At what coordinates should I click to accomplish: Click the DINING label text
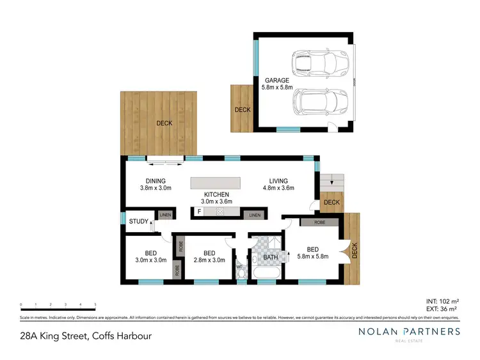click(x=155, y=181)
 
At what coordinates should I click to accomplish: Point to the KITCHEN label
click(x=216, y=194)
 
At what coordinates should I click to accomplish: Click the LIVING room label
click(x=278, y=181)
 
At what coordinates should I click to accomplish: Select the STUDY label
click(x=138, y=222)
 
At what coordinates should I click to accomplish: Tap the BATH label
click(x=270, y=258)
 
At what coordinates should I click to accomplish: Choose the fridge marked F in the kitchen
click(x=200, y=211)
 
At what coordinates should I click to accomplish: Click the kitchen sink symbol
click(x=220, y=211)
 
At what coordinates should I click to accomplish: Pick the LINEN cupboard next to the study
click(x=166, y=215)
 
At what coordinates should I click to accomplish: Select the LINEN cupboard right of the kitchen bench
click(x=255, y=215)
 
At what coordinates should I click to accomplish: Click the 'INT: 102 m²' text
click(x=441, y=301)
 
